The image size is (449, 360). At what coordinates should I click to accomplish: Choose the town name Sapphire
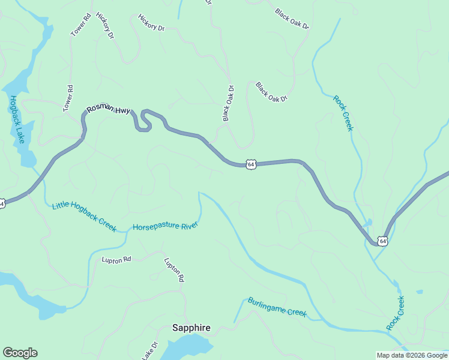[191, 328]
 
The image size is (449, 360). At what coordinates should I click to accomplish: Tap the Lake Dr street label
[149, 350]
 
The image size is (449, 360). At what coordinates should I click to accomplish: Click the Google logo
[20, 353]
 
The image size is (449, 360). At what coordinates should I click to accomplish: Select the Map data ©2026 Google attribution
[412, 355]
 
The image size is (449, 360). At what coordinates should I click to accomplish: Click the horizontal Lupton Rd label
[116, 260]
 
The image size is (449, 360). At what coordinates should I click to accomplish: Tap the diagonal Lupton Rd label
[174, 270]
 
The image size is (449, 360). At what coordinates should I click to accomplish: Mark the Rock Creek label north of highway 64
[343, 112]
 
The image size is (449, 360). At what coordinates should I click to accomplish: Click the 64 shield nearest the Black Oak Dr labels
[251, 164]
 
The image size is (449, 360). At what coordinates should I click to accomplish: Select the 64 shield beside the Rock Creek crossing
[382, 241]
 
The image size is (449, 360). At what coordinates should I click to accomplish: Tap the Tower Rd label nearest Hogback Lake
[68, 98]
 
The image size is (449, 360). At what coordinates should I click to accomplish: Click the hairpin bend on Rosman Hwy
[142, 121]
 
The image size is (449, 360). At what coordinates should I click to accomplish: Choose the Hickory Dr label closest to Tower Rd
[104, 26]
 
